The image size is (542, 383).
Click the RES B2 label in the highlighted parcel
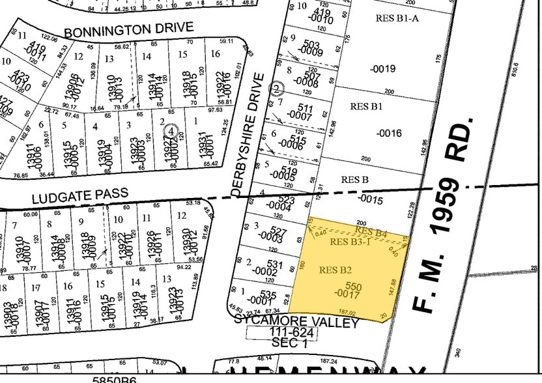click(335, 269)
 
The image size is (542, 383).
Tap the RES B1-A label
click(397, 18)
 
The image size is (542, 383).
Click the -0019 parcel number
click(382, 68)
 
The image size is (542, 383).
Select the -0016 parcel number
click(390, 134)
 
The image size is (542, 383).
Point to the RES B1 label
click(366, 106)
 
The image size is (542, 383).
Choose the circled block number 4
click(171, 130)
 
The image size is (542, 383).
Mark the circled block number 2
click(277, 88)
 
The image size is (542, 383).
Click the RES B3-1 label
click(350, 242)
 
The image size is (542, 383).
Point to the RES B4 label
click(371, 231)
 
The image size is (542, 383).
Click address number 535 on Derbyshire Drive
click(268, 295)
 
